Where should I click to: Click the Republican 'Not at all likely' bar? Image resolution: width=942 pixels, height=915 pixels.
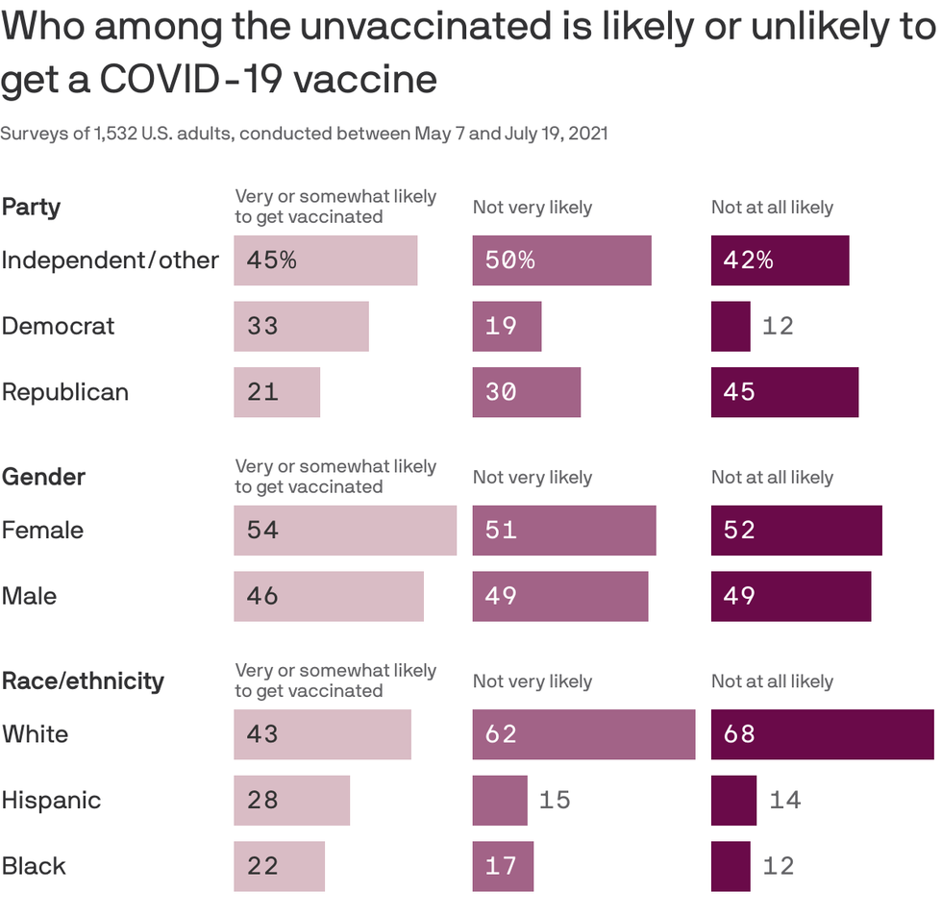[x=784, y=392]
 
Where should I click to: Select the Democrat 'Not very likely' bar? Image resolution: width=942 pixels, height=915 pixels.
[x=507, y=326]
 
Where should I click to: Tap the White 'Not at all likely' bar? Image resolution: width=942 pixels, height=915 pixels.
[x=822, y=734]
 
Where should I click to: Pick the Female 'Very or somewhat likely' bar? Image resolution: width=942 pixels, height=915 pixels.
[x=345, y=531]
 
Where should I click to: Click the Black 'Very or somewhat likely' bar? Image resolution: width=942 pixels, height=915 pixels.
[x=279, y=866]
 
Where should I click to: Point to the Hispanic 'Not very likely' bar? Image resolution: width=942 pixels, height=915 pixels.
[x=500, y=800]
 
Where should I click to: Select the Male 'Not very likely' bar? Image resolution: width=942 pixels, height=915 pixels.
[x=560, y=596]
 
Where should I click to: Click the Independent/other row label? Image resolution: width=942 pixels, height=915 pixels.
[x=111, y=260]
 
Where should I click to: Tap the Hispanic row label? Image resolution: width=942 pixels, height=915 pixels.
[x=51, y=800]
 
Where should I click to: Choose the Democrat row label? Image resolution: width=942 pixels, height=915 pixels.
[x=58, y=326]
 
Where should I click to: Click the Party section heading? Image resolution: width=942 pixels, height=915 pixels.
[x=31, y=207]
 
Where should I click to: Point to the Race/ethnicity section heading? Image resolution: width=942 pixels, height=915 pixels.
[x=83, y=680]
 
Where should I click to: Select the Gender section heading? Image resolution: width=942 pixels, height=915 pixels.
[x=43, y=477]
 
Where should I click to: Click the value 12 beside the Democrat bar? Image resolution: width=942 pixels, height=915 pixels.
[x=778, y=326]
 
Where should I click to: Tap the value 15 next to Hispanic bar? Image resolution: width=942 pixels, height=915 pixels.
[x=555, y=800]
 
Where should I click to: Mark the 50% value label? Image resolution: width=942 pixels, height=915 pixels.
[x=509, y=260]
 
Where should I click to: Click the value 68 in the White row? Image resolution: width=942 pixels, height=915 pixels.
[x=739, y=734]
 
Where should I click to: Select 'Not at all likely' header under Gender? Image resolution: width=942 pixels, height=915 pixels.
[x=772, y=478]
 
